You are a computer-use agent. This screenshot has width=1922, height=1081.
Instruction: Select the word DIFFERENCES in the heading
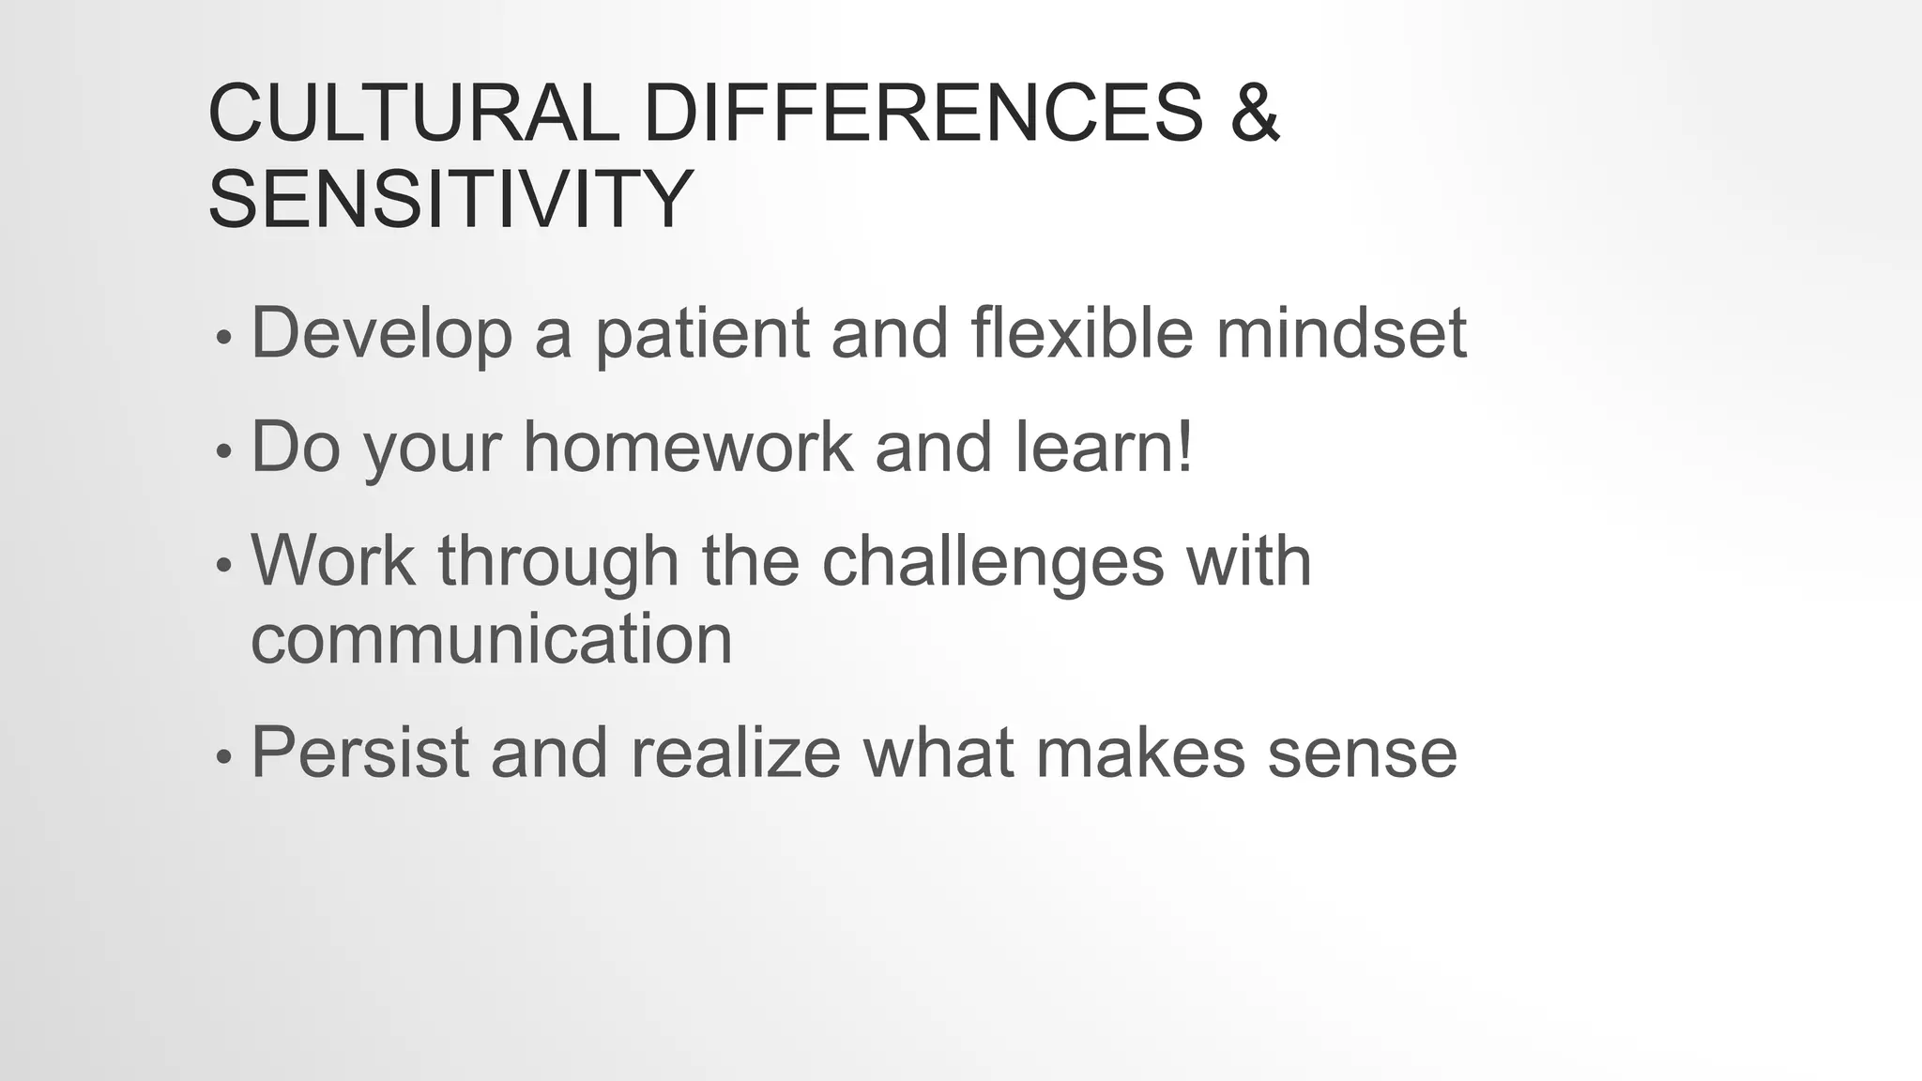pos(923,114)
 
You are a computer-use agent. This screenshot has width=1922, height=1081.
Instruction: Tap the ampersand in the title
pos(1254,114)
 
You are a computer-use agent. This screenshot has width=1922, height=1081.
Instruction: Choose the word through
pos(558,562)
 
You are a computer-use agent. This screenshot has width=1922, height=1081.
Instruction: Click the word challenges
pos(992,562)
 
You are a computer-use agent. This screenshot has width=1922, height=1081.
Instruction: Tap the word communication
pos(491,640)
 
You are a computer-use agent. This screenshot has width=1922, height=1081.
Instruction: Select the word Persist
pos(359,753)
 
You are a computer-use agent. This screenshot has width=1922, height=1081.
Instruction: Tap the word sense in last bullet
pos(1362,754)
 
